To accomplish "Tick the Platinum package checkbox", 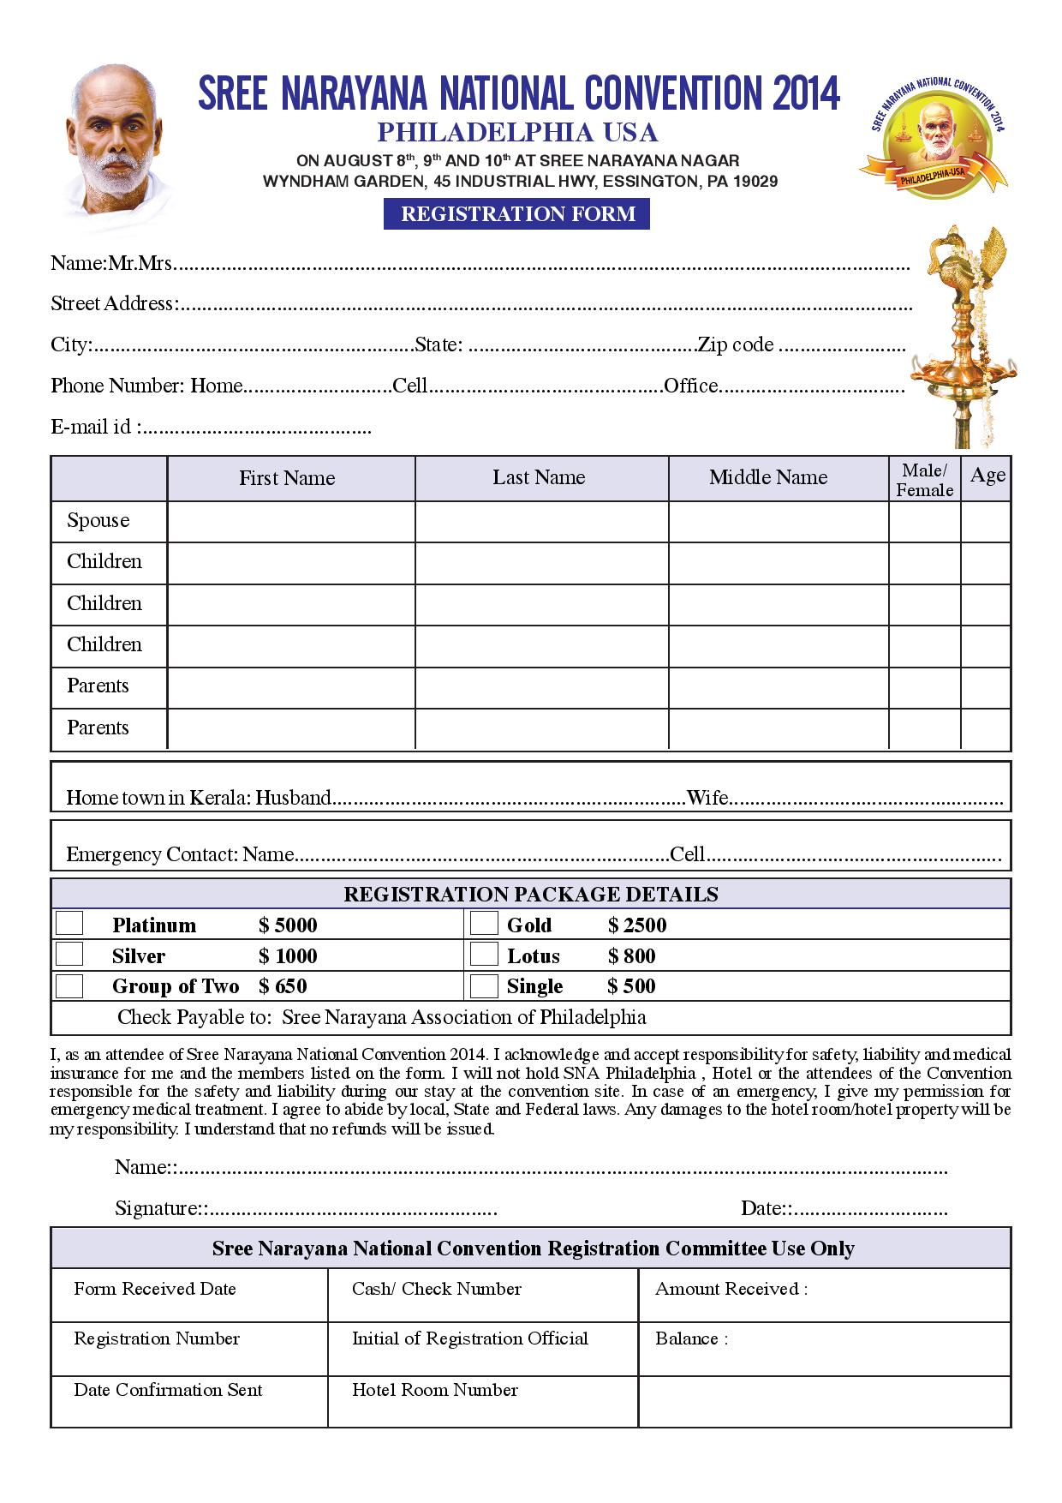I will point(69,923).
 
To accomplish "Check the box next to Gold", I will point(484,923).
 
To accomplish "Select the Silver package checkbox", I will point(69,954).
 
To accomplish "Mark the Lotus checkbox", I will point(484,954).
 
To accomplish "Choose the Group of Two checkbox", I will point(69,985).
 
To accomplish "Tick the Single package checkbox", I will point(484,985).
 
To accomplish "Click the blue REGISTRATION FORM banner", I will point(516,213).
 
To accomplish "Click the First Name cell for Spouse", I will point(290,521).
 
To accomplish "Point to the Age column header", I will point(987,476).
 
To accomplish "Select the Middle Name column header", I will point(768,477).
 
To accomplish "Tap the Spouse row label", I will point(98,521).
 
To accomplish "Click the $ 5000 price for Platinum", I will point(289,925).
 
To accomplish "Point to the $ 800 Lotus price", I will point(632,956).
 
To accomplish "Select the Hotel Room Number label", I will point(435,1390).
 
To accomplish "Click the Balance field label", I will point(690,1338).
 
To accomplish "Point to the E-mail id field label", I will point(93,426).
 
